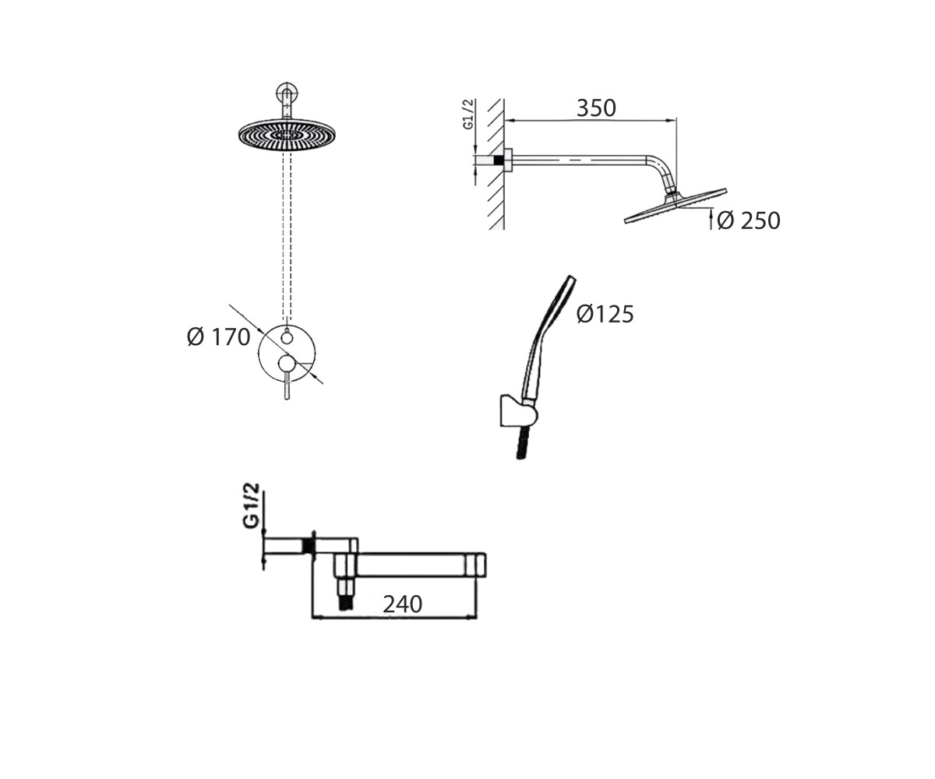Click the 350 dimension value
pyautogui.click(x=595, y=108)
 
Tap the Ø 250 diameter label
pyautogui.click(x=748, y=220)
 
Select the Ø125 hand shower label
pyautogui.click(x=605, y=314)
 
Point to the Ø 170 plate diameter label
pyautogui.click(x=218, y=337)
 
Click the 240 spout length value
pyautogui.click(x=402, y=605)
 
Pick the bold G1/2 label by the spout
pyautogui.click(x=252, y=506)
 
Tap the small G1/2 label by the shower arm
pyautogui.click(x=468, y=115)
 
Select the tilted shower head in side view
pyautogui.click(x=676, y=206)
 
